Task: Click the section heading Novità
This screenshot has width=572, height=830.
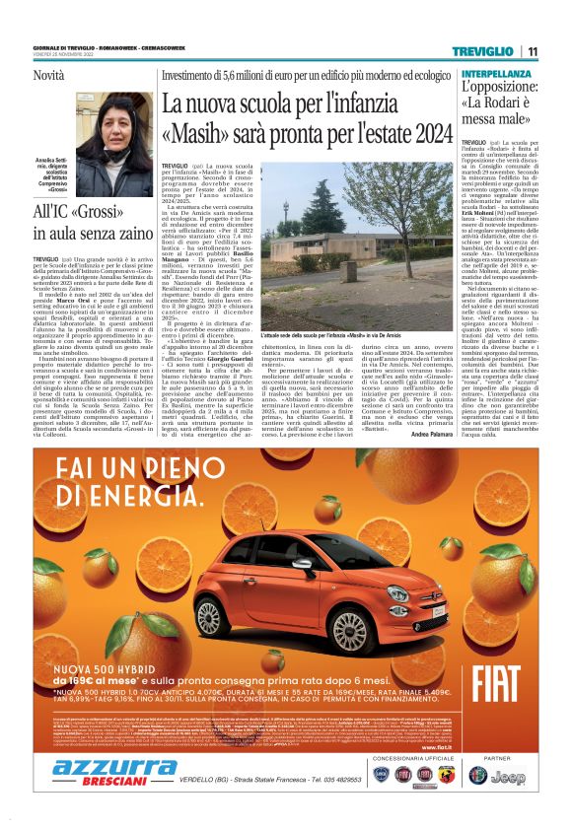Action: (x=49, y=75)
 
